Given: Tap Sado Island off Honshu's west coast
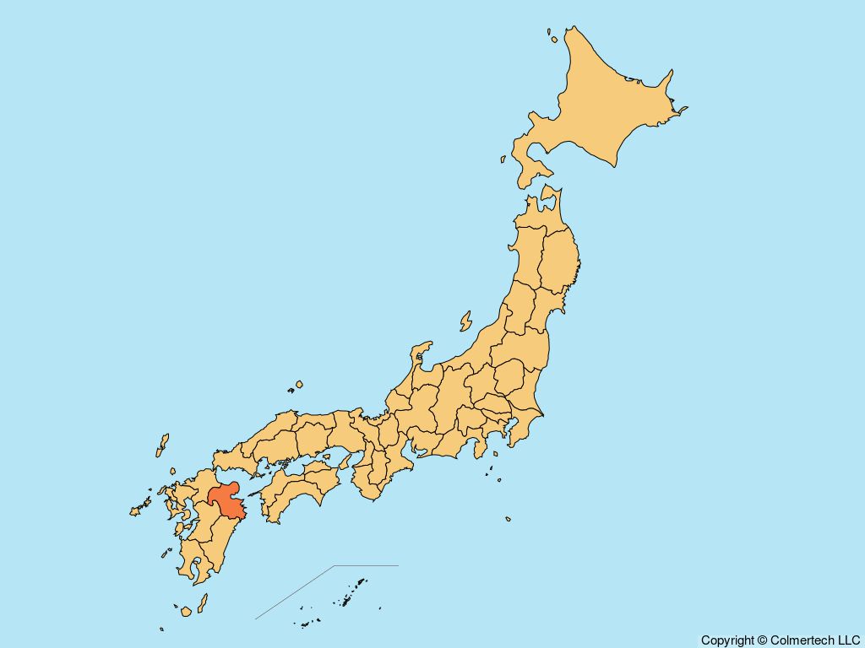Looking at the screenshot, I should tap(465, 321).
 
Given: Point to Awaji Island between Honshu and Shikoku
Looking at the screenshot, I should tap(345, 460).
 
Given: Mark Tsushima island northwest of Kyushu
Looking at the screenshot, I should tap(162, 445).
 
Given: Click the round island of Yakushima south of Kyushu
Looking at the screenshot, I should tap(186, 610).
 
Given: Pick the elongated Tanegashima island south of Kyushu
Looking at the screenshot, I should tap(203, 602).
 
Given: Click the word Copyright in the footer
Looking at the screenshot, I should tap(727, 640).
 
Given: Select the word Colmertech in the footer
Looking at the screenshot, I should tap(802, 640).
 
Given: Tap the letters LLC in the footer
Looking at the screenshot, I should tap(847, 640).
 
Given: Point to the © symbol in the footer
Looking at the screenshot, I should tap(763, 640).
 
